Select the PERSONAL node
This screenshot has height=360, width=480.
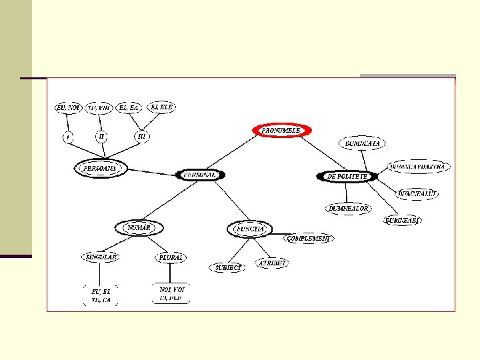coord(201,175)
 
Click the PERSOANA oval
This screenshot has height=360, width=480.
coord(99,169)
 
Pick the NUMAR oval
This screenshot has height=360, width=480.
coord(139,228)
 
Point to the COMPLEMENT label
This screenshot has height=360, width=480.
coord(309,238)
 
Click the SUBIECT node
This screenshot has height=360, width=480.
coord(227,267)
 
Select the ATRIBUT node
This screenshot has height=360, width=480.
coord(273,263)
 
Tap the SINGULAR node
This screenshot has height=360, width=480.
coord(100,257)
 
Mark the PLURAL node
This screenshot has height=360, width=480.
coord(170,257)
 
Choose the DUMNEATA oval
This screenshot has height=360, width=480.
coord(363,143)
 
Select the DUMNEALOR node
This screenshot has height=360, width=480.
coord(348,208)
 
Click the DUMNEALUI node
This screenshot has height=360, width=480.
coord(417,193)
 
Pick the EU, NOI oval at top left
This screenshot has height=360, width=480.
coord(68,107)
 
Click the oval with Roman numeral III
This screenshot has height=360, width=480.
coord(141,136)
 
